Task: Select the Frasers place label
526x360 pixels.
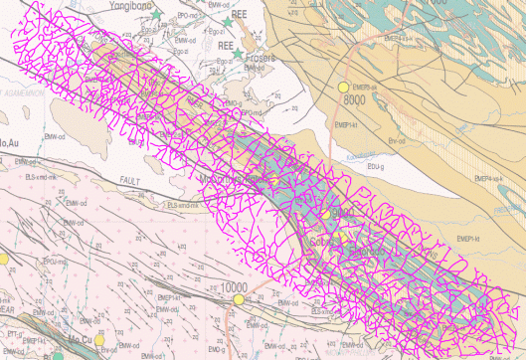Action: pyautogui.click(x=261, y=58)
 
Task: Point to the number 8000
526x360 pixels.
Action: pyautogui.click(x=355, y=100)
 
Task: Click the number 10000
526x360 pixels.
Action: pyautogui.click(x=234, y=287)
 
